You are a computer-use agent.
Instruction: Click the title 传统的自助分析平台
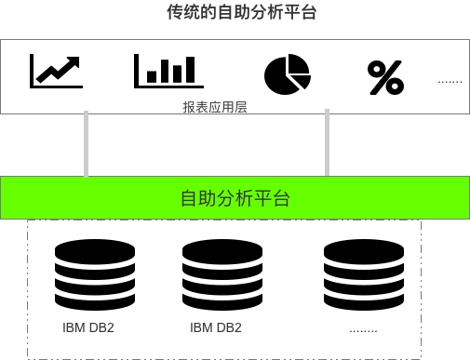point(235,13)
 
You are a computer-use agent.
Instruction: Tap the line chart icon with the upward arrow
point(56,71)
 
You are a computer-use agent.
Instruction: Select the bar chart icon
point(168,71)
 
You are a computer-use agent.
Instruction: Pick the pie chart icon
point(286,75)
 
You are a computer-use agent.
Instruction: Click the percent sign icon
point(385,78)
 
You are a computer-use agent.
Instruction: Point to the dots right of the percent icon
point(450,82)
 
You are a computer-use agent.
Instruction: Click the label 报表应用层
point(214,108)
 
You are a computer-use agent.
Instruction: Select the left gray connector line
point(87,144)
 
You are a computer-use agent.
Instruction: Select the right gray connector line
point(327,144)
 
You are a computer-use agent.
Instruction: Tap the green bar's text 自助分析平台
point(235,197)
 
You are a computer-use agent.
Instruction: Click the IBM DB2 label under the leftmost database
point(88,327)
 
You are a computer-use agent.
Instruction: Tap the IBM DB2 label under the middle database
point(216,327)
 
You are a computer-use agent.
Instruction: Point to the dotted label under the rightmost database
point(363,329)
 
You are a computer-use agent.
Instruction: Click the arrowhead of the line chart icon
point(73,61)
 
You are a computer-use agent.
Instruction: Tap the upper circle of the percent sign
point(377,69)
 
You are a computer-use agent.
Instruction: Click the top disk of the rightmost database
point(364,248)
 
